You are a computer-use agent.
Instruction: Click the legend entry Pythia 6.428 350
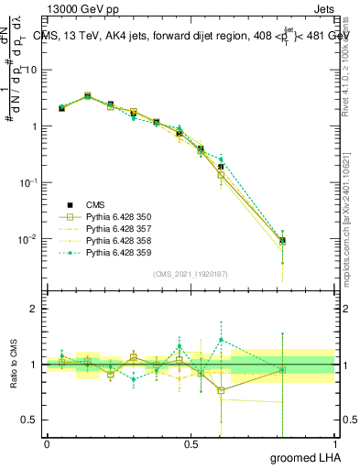[119, 216]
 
